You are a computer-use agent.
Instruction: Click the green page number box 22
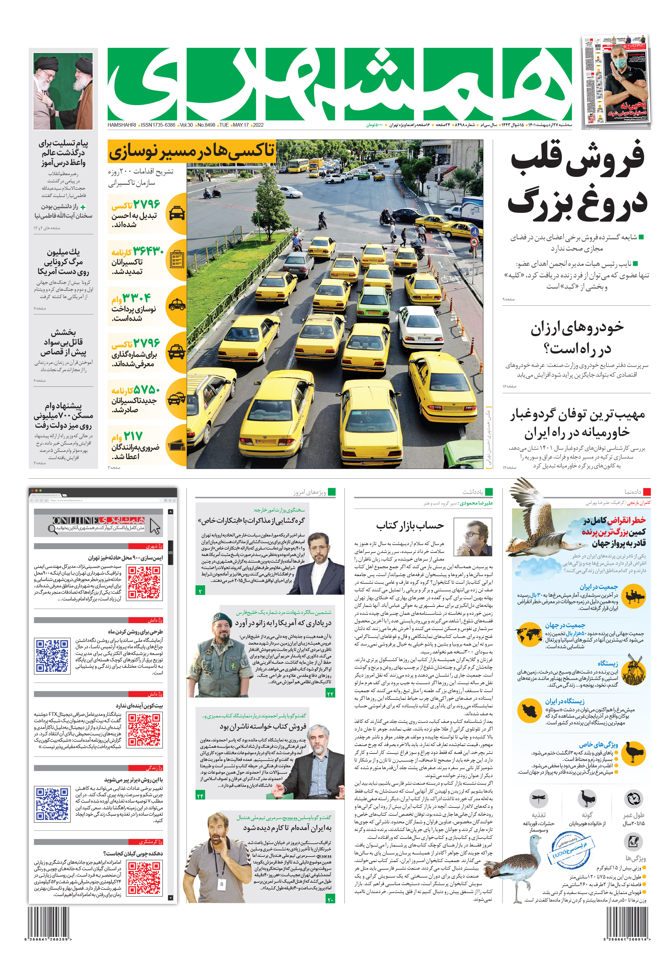(x=330, y=693)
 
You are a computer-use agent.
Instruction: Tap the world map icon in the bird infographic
(x=529, y=634)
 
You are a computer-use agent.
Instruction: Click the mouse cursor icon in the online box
(x=155, y=526)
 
